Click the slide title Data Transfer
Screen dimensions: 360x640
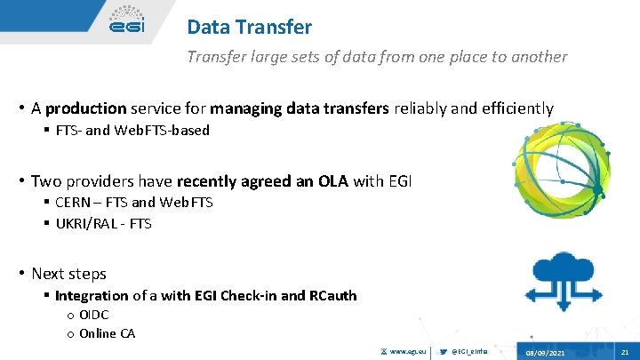(249, 28)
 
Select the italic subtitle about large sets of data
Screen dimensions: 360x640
(376, 57)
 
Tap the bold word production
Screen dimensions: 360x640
(86, 108)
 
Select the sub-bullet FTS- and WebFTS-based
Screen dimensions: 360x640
(132, 131)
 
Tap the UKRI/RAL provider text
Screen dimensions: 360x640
(88, 224)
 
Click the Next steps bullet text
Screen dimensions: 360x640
(68, 274)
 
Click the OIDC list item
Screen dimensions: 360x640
(94, 315)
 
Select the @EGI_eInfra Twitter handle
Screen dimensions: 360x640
(470, 351)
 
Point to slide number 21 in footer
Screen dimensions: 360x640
(625, 351)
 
